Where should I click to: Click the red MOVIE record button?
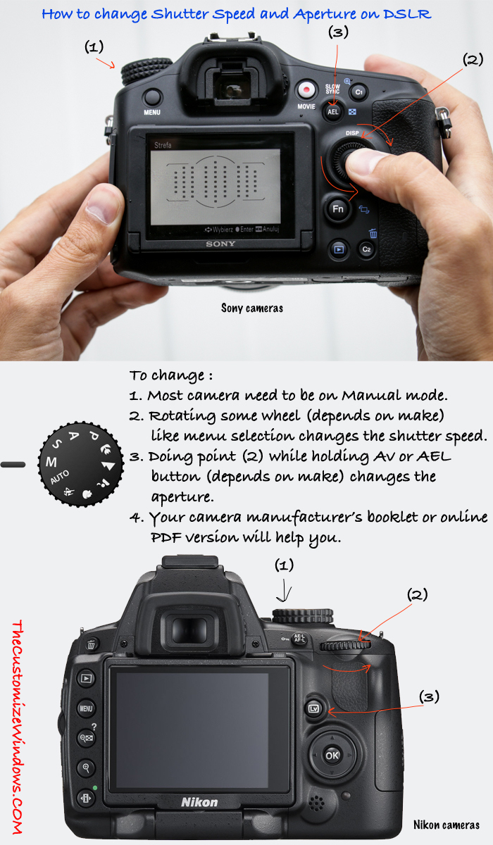click(x=306, y=90)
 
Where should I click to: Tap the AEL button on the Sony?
click(x=333, y=111)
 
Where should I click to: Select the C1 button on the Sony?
click(x=358, y=92)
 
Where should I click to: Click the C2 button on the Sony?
click(x=366, y=249)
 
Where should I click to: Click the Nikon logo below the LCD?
click(x=200, y=801)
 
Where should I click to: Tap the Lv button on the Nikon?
click(x=315, y=708)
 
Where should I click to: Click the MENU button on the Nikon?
click(x=87, y=708)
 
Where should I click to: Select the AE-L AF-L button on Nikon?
click(x=299, y=639)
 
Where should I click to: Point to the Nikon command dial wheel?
click(x=345, y=645)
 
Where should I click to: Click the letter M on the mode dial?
click(x=51, y=462)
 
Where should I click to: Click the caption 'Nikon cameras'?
click(x=447, y=825)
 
